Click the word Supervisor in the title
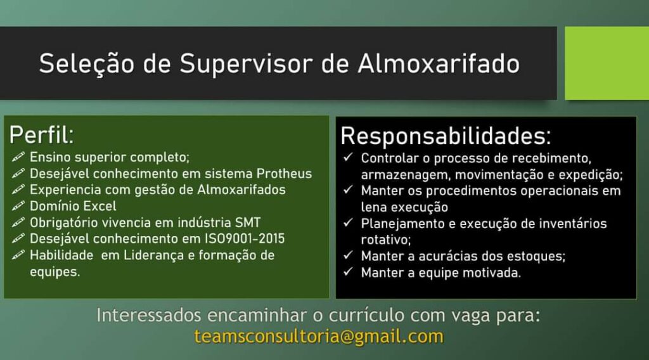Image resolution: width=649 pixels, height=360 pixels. (x=247, y=64)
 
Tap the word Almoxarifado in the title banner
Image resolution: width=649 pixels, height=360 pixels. (x=439, y=63)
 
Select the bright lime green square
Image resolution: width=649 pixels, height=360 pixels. (x=607, y=63)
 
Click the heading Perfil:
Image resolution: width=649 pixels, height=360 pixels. (x=41, y=135)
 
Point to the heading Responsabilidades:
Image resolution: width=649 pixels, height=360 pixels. (x=446, y=136)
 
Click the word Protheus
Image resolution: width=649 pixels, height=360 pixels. (x=284, y=174)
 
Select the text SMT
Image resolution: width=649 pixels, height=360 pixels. (x=248, y=222)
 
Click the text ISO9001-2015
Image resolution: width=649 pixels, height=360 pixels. (x=245, y=239)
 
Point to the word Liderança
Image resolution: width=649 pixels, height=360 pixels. (x=154, y=255)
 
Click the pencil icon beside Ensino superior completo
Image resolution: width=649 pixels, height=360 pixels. (x=18, y=157)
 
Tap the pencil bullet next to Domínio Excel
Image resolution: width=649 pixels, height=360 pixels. (x=18, y=206)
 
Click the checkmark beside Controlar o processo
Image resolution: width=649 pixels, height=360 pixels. (x=348, y=157)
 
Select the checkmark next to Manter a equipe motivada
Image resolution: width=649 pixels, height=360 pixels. (x=348, y=271)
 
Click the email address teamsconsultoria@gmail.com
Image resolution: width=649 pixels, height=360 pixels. (x=319, y=337)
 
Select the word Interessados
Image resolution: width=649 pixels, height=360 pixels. (x=149, y=315)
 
